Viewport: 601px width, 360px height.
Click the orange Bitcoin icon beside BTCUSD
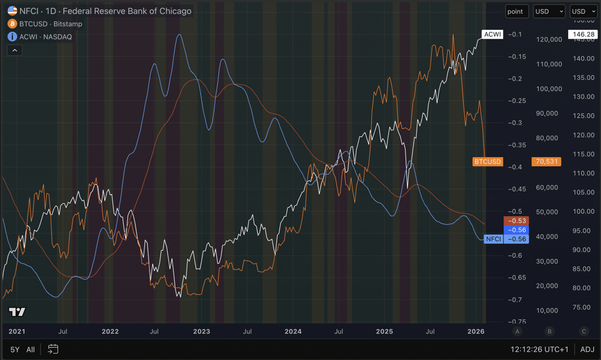(x=12, y=23)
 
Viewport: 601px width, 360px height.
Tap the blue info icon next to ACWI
(x=12, y=36)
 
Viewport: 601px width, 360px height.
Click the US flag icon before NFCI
(x=12, y=11)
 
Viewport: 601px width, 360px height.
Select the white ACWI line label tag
(x=492, y=34)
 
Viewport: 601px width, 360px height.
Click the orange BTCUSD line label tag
(x=488, y=162)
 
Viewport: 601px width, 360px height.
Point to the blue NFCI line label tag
(x=493, y=239)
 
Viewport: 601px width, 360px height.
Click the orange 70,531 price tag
(x=546, y=162)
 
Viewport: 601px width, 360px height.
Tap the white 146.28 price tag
(x=583, y=34)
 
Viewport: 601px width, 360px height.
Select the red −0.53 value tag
(x=516, y=221)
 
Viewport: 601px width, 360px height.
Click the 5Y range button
(x=15, y=349)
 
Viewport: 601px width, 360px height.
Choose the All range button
(x=31, y=349)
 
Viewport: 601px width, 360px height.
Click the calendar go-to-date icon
(x=53, y=349)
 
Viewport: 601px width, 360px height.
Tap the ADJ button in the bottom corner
(x=587, y=349)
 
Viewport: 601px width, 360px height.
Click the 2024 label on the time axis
(x=293, y=331)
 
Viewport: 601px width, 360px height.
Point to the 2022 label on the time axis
(x=110, y=331)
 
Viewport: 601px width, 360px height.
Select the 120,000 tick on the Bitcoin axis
(x=549, y=39)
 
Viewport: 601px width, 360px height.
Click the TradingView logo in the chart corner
(x=17, y=312)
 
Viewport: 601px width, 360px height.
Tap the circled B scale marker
(x=549, y=331)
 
